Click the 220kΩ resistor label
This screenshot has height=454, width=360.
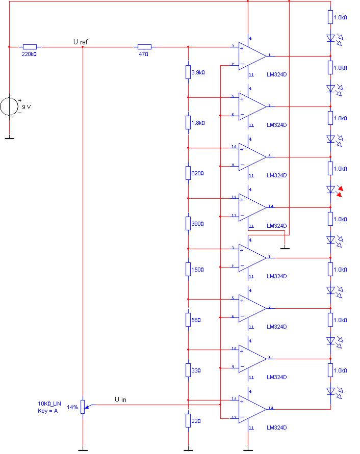[x=29, y=54]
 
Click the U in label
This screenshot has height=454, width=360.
[x=120, y=399]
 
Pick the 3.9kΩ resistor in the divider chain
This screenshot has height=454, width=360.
[x=188, y=72]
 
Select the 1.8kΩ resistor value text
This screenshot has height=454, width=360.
[x=198, y=123]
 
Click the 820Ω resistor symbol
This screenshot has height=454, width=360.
[x=188, y=173]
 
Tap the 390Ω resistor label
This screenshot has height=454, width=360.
[x=197, y=224]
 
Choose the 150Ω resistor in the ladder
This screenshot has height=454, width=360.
[x=188, y=269]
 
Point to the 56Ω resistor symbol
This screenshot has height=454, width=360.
[x=188, y=319]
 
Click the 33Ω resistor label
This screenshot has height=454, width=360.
[x=196, y=371]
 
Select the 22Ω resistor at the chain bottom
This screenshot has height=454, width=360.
[x=188, y=420]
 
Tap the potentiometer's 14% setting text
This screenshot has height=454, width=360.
[x=72, y=408]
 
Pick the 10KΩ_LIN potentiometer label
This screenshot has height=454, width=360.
[x=50, y=404]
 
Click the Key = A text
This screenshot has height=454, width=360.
[x=48, y=411]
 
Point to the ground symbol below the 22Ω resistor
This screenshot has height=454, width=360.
[x=188, y=450]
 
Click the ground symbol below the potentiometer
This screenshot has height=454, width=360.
[x=82, y=450]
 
